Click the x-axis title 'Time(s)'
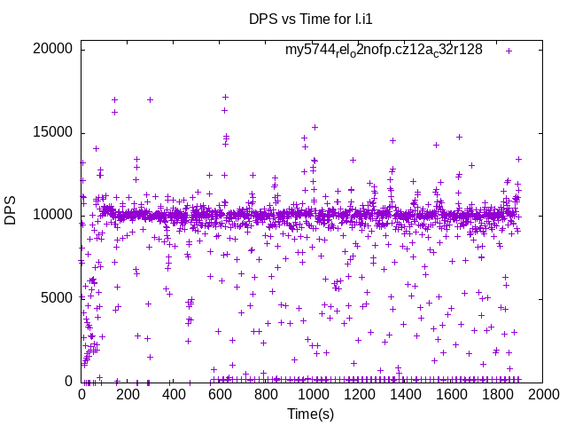[311, 414]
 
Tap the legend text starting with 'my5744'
[384, 50]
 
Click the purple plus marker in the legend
[509, 51]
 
